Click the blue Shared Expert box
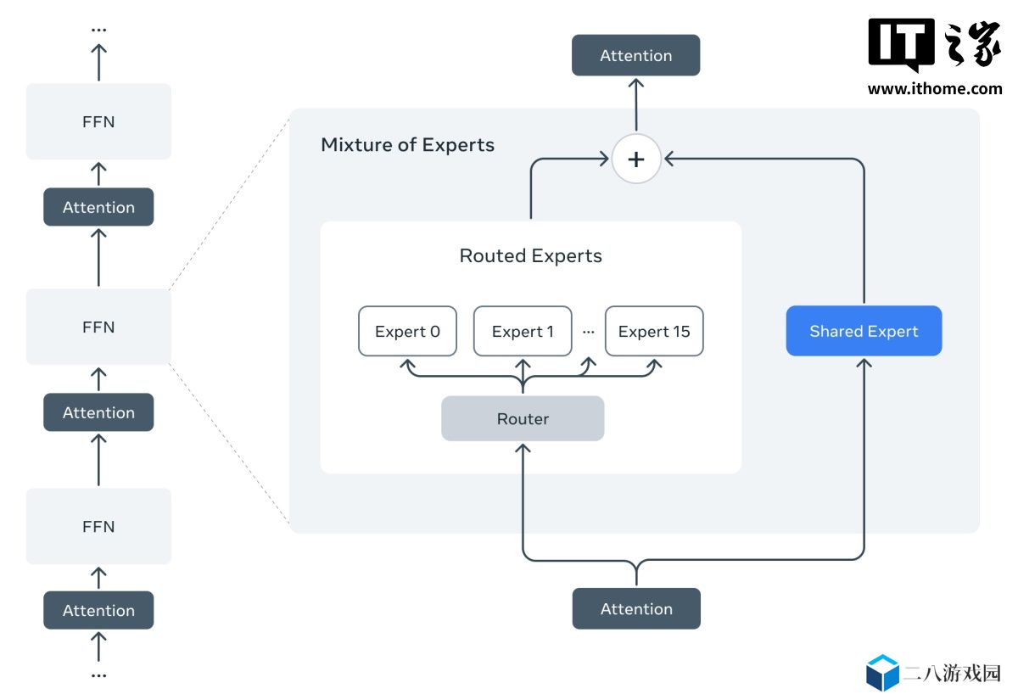pos(864,331)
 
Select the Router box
pos(523,418)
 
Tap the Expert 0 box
pos(407,331)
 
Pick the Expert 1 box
pos(523,331)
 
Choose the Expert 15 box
pos(654,331)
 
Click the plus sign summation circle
pos(636,159)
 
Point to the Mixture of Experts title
pos(407,144)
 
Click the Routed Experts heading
pos(530,255)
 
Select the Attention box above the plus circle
pos(635,55)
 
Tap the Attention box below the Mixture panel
pos(636,608)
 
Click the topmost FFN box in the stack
pos(98,121)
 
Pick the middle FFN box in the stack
pos(98,327)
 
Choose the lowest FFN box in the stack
pos(98,526)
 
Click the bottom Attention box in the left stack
pos(98,610)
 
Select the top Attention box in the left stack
pos(98,207)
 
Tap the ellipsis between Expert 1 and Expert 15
pos(589,332)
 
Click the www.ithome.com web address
pos(934,88)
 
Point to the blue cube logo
pos(882,674)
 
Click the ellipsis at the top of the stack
pos(98,30)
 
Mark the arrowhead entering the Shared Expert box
pos(864,363)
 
